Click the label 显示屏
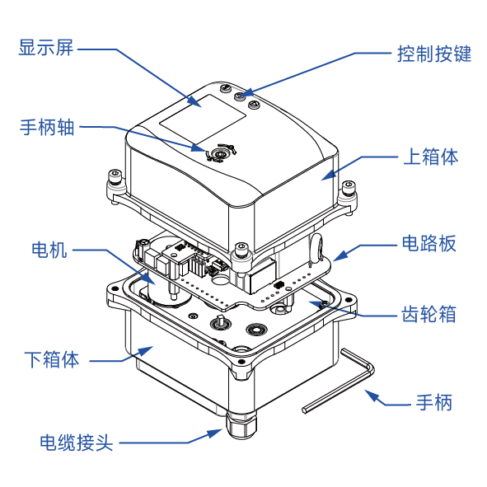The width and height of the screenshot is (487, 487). coord(46,47)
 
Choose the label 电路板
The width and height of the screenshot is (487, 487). coord(428,243)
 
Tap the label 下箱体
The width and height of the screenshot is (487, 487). coord(52,359)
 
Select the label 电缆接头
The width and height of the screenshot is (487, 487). coord(76,443)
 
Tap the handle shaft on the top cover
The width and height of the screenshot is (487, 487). coord(220,153)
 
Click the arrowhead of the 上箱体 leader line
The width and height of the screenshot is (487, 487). coord(326,175)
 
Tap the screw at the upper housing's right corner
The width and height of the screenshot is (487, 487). coord(350,189)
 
